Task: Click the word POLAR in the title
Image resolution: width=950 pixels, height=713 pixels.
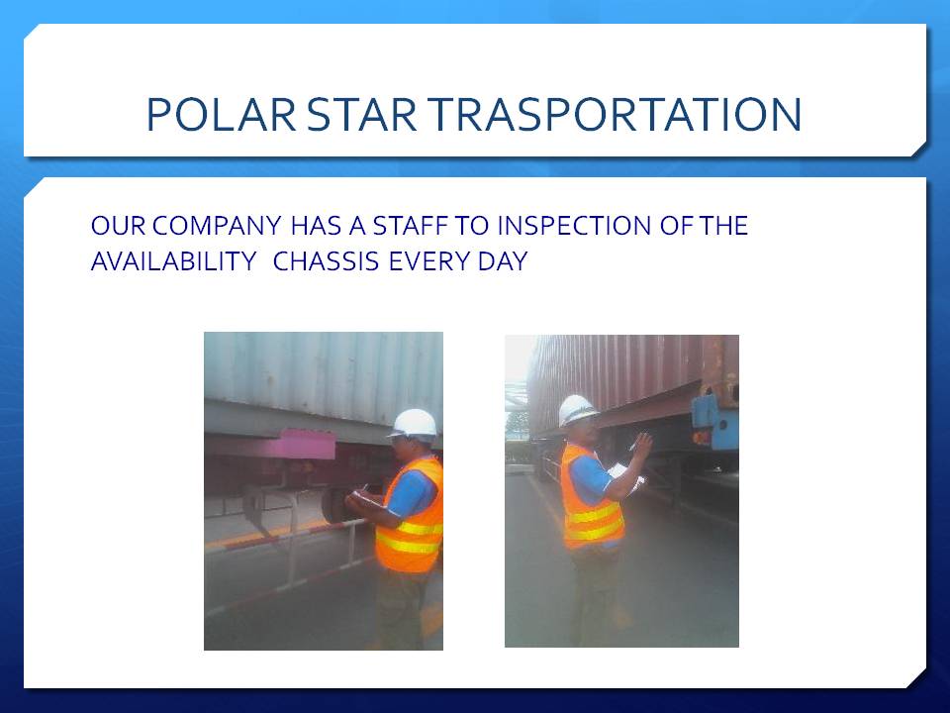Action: click(x=221, y=114)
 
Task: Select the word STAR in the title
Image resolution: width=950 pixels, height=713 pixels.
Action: click(x=362, y=114)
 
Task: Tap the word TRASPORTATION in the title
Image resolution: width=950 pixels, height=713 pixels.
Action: click(x=615, y=114)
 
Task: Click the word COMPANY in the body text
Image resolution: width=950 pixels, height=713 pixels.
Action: click(x=217, y=226)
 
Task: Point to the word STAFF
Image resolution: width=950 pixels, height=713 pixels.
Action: click(x=410, y=226)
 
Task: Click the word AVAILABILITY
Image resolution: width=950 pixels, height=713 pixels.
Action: click(x=174, y=261)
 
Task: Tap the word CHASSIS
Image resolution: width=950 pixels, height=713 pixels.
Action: click(x=326, y=261)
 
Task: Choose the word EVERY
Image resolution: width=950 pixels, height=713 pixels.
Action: click(x=429, y=261)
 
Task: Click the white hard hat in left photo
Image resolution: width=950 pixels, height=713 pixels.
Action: click(x=414, y=423)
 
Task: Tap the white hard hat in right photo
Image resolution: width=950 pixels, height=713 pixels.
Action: click(x=577, y=409)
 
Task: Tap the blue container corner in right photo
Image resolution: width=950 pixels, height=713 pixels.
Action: click(x=715, y=418)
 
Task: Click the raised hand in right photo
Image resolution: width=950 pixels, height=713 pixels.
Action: click(x=642, y=446)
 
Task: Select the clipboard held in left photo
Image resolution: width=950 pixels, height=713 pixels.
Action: click(x=365, y=498)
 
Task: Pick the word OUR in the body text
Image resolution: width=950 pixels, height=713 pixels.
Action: click(x=118, y=226)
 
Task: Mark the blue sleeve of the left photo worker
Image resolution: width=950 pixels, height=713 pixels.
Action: click(x=411, y=493)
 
